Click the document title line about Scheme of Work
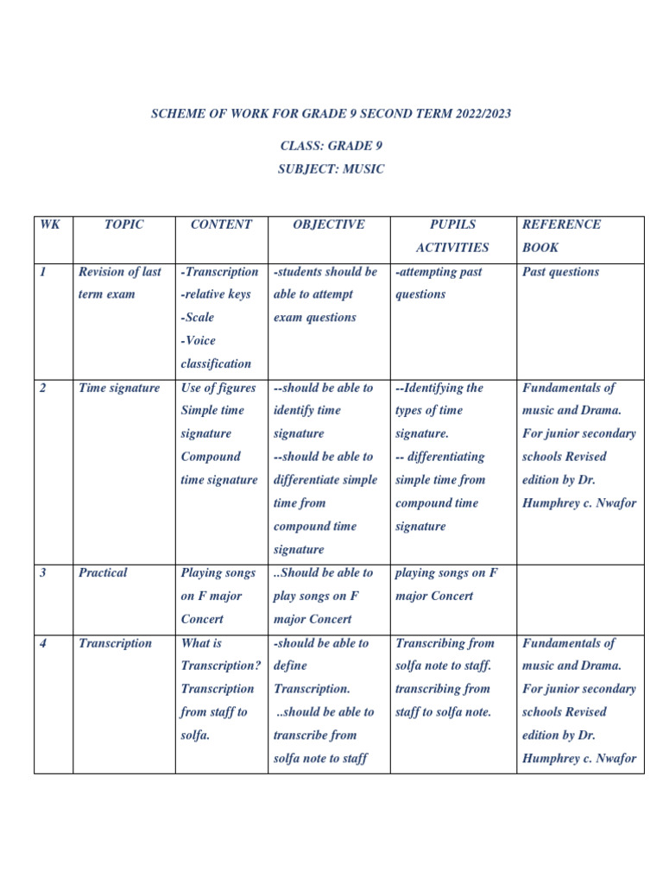click(331, 114)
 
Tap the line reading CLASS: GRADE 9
click(331, 146)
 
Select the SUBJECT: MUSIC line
click(331, 169)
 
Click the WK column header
click(47, 224)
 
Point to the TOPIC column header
click(123, 224)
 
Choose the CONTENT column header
click(221, 224)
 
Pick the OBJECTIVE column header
click(328, 224)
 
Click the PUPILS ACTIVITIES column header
click(452, 236)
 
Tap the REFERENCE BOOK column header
click(561, 236)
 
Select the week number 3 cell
click(43, 572)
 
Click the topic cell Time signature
click(119, 388)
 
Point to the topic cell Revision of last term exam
click(119, 283)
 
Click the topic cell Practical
click(103, 572)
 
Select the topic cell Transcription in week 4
click(115, 643)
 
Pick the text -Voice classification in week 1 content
click(216, 352)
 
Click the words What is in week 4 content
click(201, 643)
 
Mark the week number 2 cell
click(43, 388)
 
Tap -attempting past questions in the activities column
click(439, 283)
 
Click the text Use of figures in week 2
click(218, 388)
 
